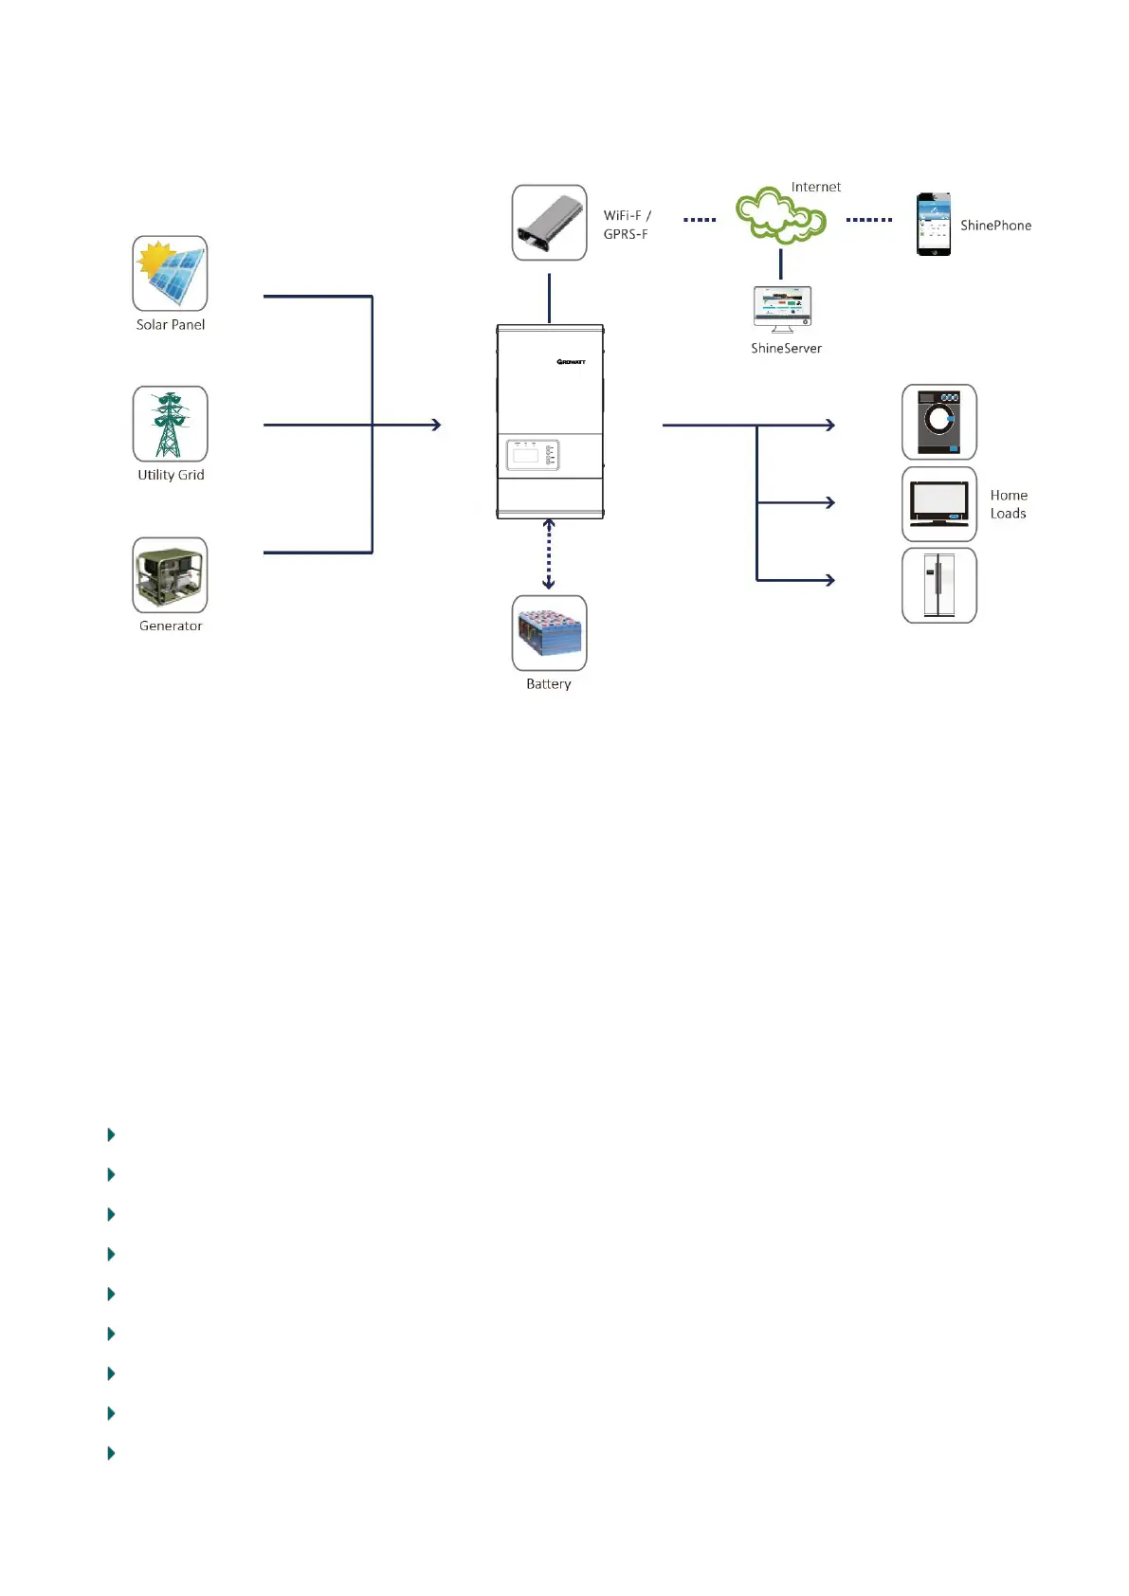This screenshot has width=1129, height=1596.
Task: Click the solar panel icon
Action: tap(170, 274)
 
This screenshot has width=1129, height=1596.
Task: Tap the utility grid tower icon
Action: tap(170, 424)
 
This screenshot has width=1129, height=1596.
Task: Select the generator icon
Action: tap(170, 575)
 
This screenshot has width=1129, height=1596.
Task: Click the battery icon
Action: tap(549, 633)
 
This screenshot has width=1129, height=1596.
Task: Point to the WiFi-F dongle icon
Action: tap(549, 223)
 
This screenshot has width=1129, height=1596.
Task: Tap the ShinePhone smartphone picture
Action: tap(933, 224)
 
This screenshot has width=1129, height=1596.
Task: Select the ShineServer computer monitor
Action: tap(782, 309)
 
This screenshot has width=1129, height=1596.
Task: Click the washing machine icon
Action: tap(938, 422)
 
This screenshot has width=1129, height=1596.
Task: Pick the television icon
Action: tap(938, 504)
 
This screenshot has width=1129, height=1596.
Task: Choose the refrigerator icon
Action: tap(938, 585)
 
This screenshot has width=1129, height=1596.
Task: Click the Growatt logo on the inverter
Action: tap(571, 362)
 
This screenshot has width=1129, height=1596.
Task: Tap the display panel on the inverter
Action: tap(533, 455)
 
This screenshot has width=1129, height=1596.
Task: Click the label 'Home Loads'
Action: tap(1009, 504)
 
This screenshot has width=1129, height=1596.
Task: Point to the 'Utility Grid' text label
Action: tap(171, 475)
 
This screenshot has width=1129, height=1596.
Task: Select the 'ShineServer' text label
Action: tap(786, 348)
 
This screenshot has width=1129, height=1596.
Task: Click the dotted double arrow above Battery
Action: tap(548, 554)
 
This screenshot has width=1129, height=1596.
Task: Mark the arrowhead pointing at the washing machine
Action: tap(830, 425)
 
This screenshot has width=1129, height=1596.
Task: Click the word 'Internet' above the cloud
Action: tap(816, 187)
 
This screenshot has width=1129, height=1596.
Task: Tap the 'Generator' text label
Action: tap(171, 626)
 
